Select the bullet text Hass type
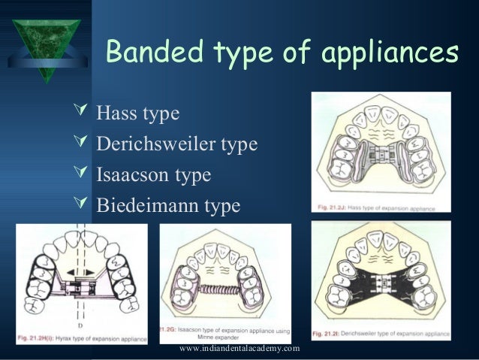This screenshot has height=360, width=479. point(137,114)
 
